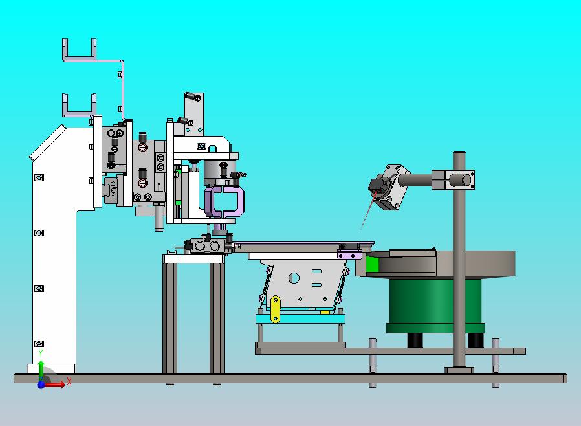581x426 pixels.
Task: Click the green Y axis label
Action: pos(41,353)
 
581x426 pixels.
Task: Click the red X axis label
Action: pos(69,381)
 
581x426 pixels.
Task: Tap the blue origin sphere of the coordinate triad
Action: pos(41,385)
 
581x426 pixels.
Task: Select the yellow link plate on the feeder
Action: pos(276,309)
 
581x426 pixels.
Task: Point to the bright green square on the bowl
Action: pos(373,264)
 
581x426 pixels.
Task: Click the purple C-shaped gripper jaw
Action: pos(225,202)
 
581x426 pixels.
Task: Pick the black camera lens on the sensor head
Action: pos(377,185)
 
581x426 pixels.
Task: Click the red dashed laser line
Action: pos(368,211)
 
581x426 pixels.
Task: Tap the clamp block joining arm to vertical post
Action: pos(453,180)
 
